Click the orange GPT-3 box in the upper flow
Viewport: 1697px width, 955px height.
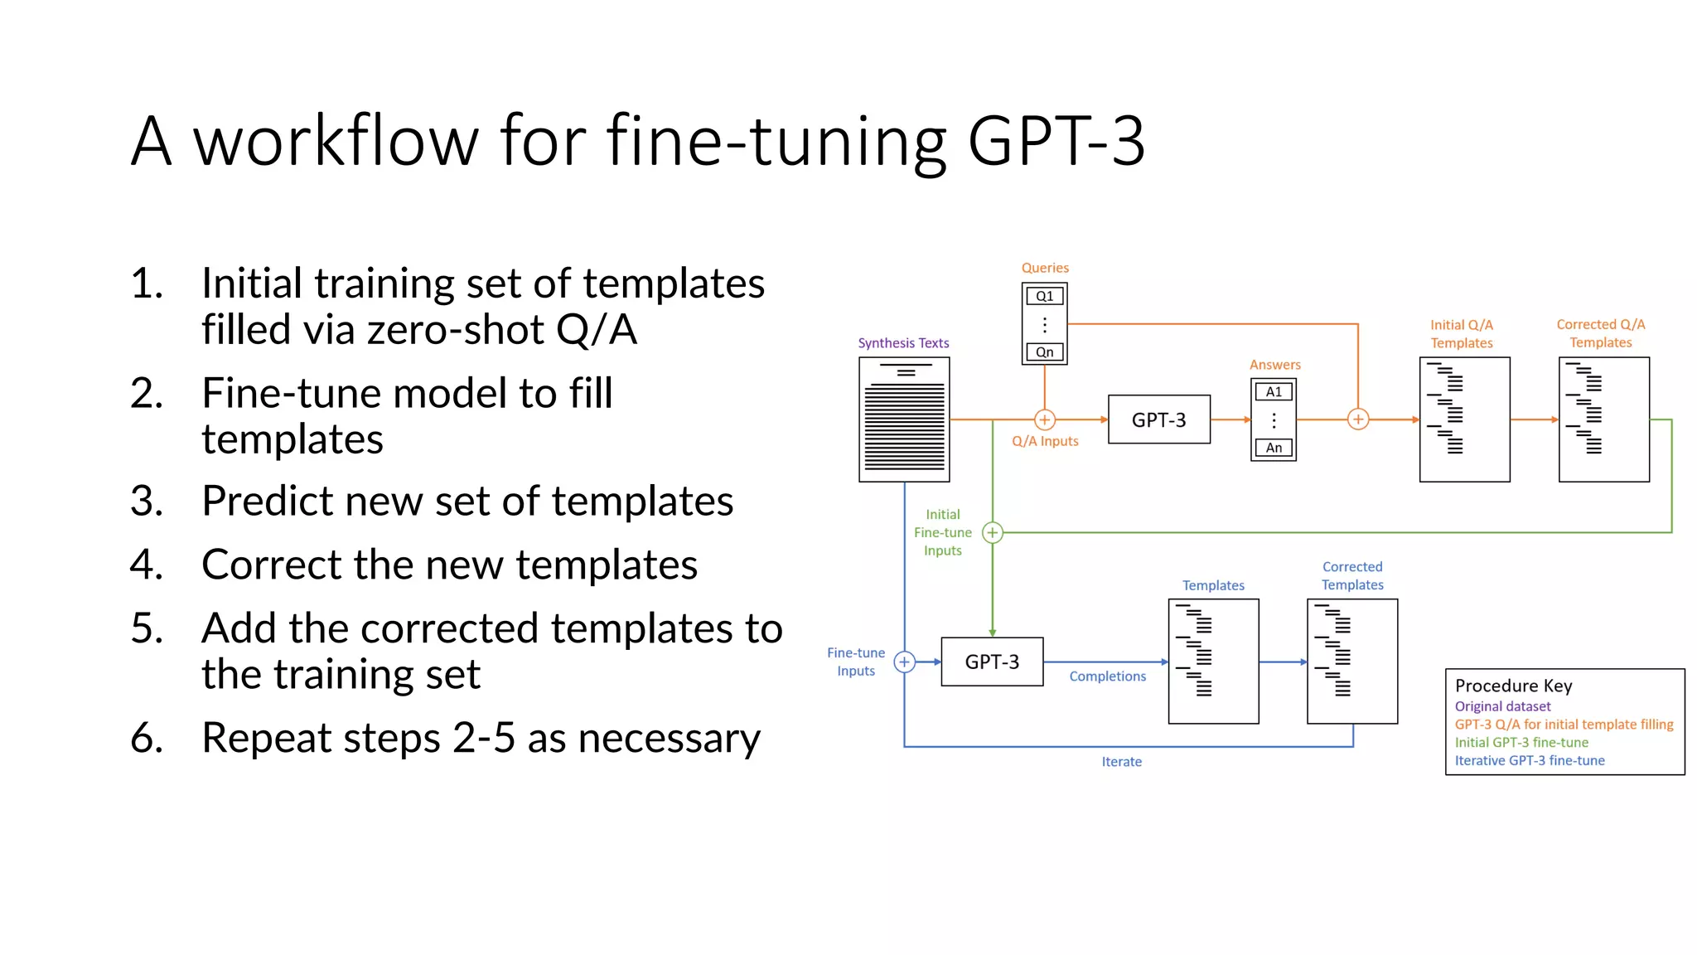1158,419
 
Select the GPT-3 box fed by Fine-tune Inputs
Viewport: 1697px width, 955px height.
992,662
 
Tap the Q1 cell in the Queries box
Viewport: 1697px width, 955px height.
1044,296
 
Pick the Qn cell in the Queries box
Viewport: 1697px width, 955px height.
1044,352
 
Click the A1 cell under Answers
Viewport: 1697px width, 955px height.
1274,392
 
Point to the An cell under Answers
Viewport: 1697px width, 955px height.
1274,448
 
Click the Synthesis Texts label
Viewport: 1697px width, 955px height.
903,343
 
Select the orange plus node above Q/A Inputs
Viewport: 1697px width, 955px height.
1045,419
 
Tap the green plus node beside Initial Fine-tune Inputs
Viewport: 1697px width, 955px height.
992,532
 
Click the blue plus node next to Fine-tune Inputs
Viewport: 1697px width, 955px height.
904,662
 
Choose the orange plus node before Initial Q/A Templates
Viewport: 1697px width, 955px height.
1358,419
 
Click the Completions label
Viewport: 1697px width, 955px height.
1107,676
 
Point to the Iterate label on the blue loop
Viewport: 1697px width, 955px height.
1121,762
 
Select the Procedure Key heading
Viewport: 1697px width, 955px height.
1513,686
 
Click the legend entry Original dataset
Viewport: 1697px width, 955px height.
1502,706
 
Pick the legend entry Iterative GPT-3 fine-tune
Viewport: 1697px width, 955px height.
1530,760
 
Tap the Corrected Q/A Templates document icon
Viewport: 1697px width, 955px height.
1603,419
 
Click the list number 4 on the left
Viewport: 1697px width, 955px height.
146,565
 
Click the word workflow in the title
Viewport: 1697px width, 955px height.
336,141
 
